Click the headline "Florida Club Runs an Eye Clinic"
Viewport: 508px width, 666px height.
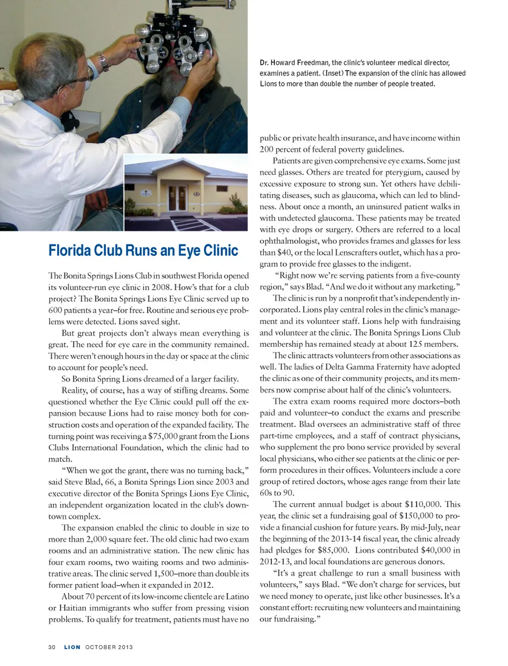click(143, 250)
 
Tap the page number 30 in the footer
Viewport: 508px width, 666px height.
click(52, 647)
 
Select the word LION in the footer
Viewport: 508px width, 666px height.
click(72, 647)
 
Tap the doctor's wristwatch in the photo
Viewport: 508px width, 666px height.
click(103, 61)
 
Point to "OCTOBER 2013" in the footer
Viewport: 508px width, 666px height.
click(109, 647)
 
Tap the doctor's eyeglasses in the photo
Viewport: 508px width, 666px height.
click(74, 78)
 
